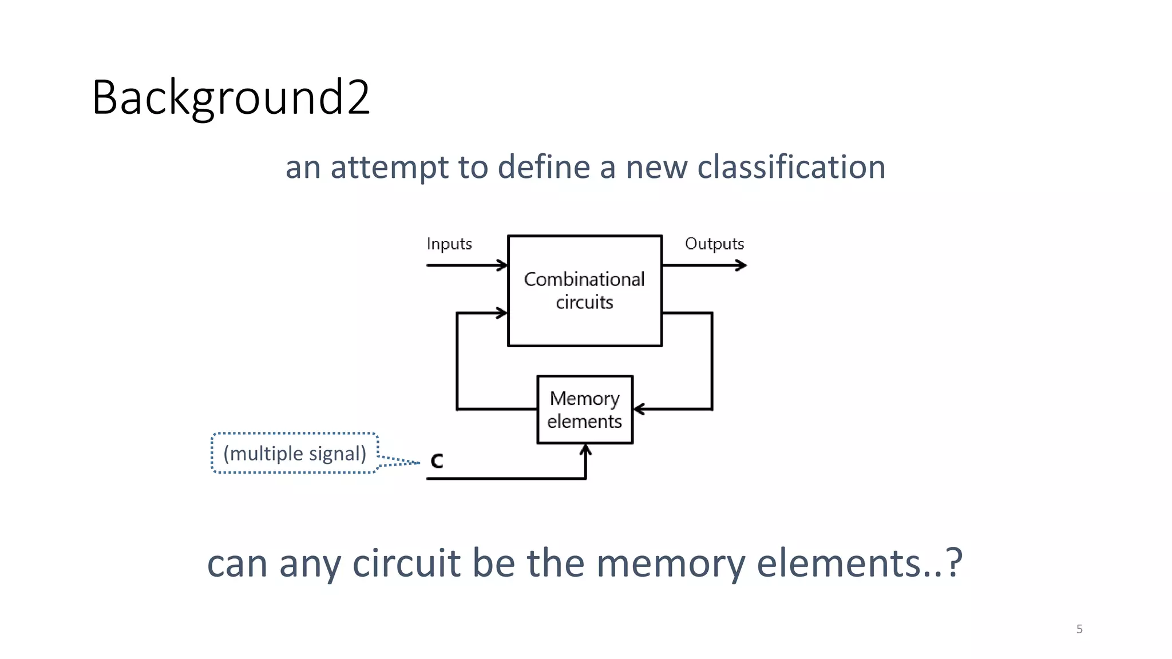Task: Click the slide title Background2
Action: (x=231, y=98)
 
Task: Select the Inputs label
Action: (x=449, y=244)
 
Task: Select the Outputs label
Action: (x=714, y=244)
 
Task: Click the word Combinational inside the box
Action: (x=584, y=279)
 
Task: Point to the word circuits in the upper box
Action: (x=584, y=302)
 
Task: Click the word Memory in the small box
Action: (x=584, y=399)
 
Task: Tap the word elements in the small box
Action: (x=584, y=422)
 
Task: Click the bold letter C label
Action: (x=437, y=461)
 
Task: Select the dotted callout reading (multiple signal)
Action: (x=295, y=453)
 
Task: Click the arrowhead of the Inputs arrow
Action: (x=503, y=265)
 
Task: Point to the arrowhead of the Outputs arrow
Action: (x=742, y=265)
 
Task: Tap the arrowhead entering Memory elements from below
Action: (x=585, y=450)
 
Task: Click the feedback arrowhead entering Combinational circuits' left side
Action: (x=503, y=313)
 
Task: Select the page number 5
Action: (x=1079, y=629)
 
